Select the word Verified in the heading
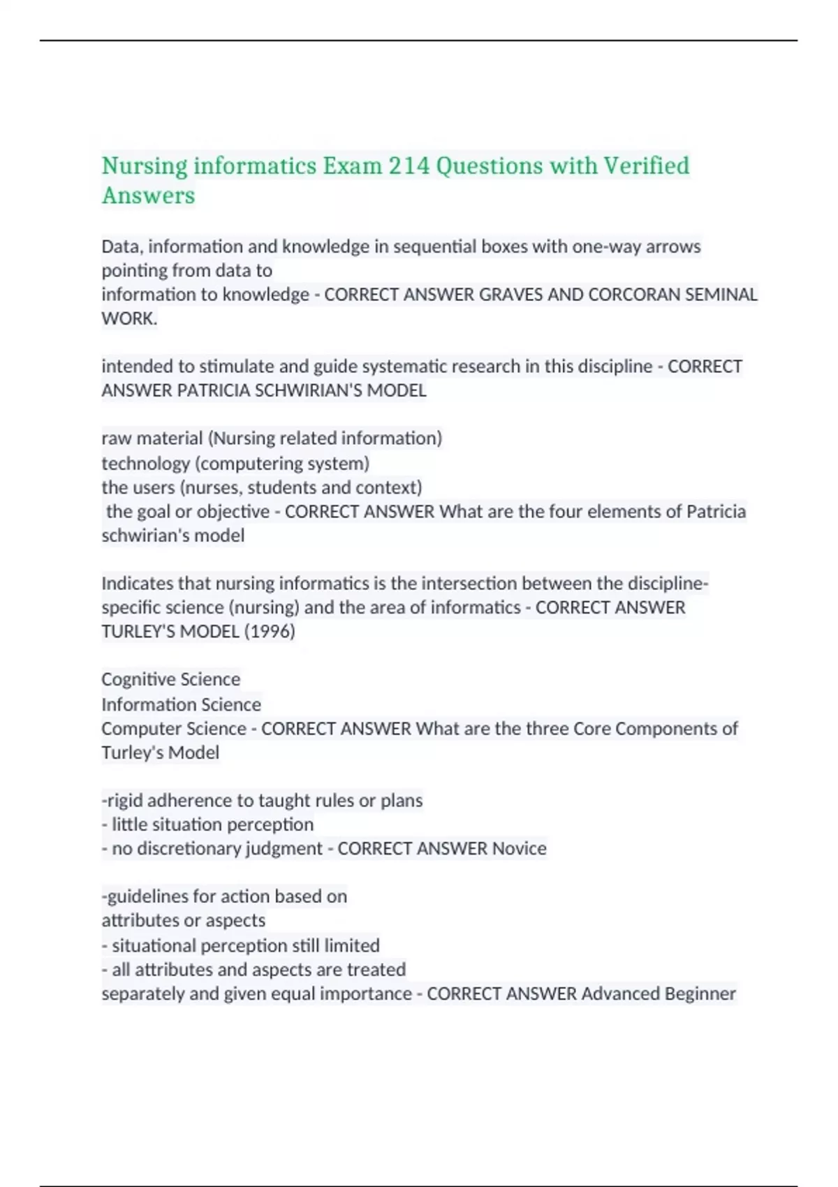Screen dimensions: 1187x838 click(646, 166)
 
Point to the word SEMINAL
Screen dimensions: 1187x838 click(721, 295)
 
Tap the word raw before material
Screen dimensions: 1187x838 click(116, 438)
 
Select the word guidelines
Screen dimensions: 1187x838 click(147, 897)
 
